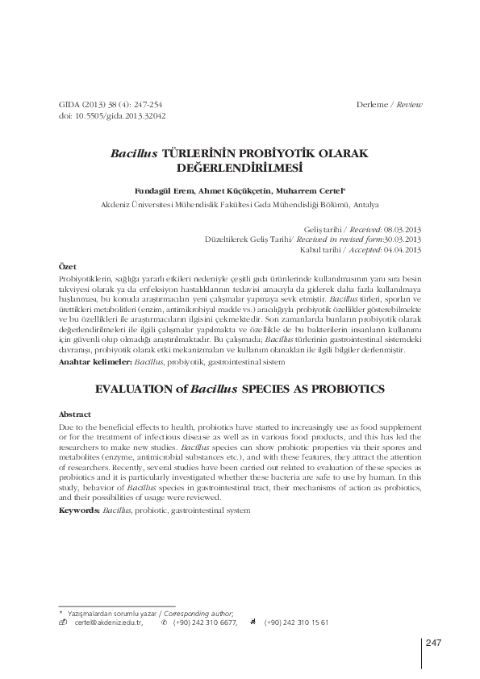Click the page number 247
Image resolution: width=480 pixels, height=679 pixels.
pos(434,643)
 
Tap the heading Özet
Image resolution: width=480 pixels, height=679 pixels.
pos(69,266)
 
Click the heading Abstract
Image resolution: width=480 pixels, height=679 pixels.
pos(76,414)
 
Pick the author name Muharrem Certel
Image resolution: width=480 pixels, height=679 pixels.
pos(313,191)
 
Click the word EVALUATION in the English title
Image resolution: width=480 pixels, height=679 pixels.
pos(136,389)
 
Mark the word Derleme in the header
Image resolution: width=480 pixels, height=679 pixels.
pos(374,106)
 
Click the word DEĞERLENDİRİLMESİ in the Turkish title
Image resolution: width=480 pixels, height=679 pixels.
pos(240,168)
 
